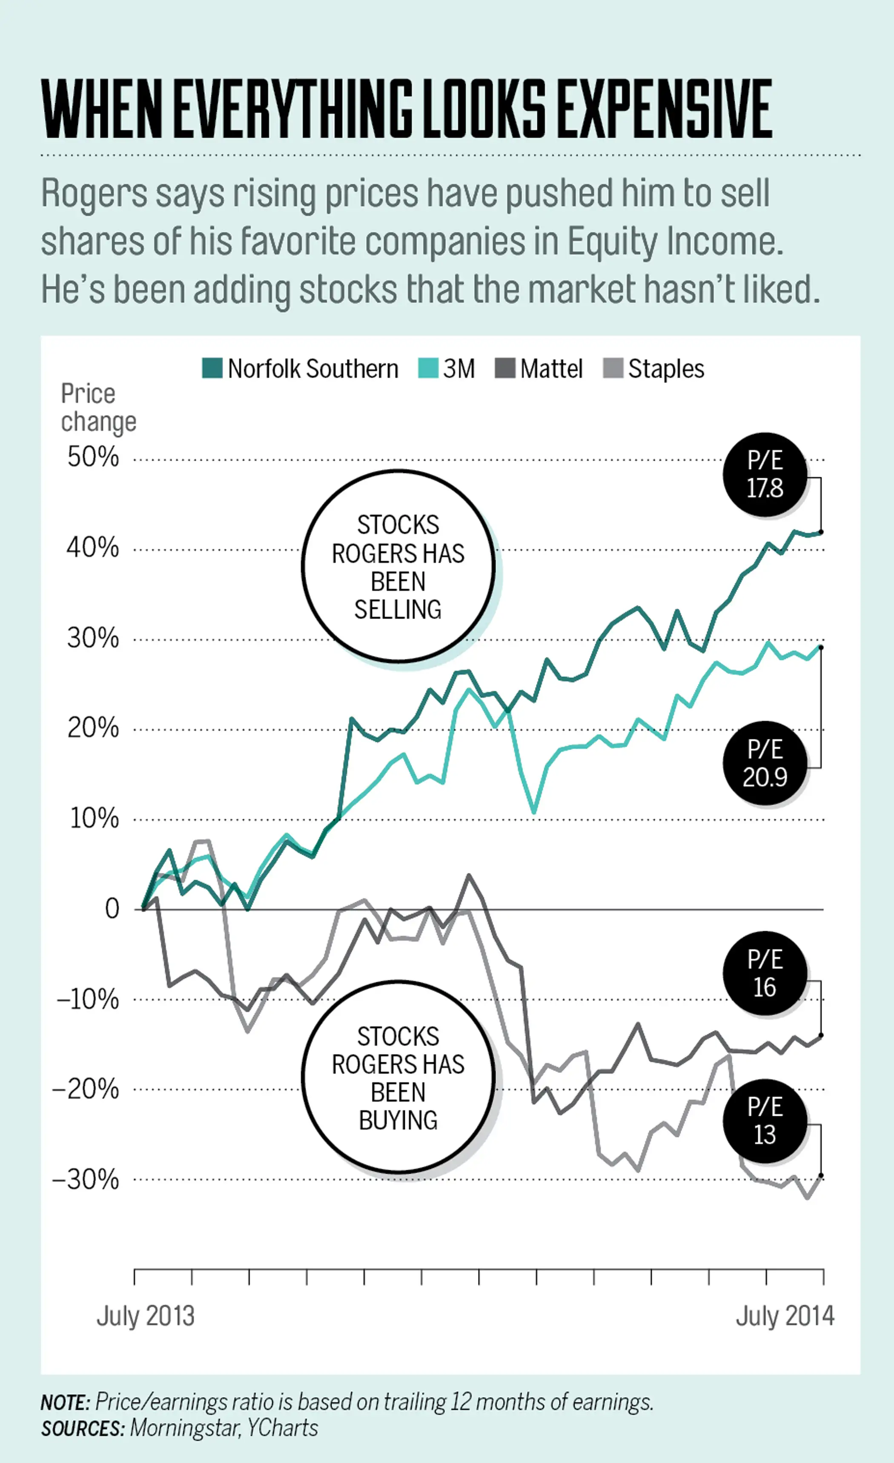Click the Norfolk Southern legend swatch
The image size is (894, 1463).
pos(212,368)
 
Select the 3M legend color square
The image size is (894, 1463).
pos(428,368)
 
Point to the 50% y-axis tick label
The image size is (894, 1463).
pos(93,457)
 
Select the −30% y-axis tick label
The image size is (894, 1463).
pos(86,1180)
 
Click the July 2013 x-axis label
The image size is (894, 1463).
pos(146,1316)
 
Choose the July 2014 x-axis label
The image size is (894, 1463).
pos(785,1316)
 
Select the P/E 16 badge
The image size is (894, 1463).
pos(765,974)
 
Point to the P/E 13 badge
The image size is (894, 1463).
pos(765,1121)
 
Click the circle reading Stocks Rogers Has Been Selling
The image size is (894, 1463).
pos(398,566)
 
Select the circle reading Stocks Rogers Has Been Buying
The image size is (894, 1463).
pos(398,1078)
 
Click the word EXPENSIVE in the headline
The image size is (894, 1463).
pos(665,110)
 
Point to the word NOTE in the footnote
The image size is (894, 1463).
pos(65,1403)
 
